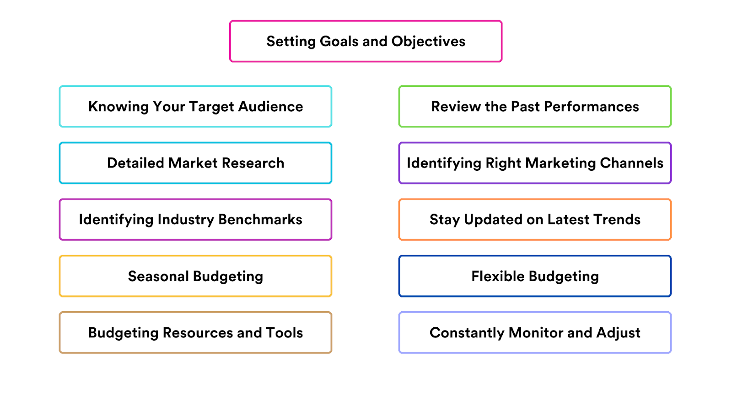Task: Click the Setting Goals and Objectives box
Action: (x=366, y=41)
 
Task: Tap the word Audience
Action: (x=270, y=107)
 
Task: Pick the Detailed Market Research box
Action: (x=195, y=163)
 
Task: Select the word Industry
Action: (x=186, y=219)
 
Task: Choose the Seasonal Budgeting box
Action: (x=195, y=276)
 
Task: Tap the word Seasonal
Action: (x=158, y=276)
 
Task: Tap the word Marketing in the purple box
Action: (x=560, y=163)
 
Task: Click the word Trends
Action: (x=617, y=219)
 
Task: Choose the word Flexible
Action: (x=498, y=276)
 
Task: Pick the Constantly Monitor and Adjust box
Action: (x=535, y=333)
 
